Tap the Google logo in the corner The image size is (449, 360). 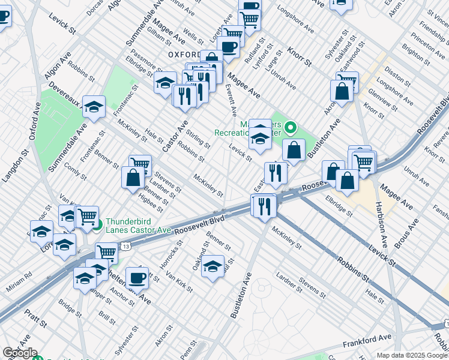pos(19,353)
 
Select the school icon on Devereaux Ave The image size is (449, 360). pos(94,107)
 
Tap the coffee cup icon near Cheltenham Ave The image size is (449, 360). pos(137,278)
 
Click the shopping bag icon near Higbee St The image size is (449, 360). pos(133,177)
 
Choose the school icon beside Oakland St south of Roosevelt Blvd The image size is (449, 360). pos(212,266)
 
